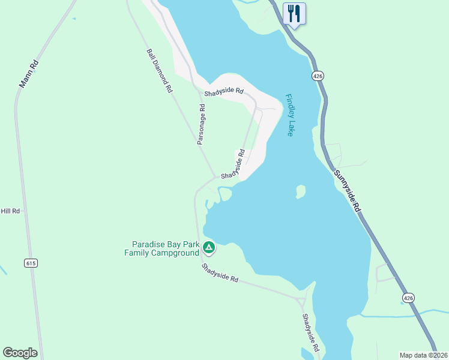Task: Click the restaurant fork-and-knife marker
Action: (x=294, y=13)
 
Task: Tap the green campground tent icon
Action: (x=208, y=247)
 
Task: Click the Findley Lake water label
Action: (x=290, y=115)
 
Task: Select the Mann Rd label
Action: (x=29, y=73)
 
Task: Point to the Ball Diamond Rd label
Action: (x=159, y=70)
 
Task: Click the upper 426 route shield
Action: (x=318, y=76)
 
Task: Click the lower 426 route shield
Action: (x=408, y=298)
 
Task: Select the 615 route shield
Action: (x=31, y=263)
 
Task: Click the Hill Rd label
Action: (x=10, y=211)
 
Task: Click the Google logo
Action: (x=20, y=352)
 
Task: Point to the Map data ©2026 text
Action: (x=424, y=355)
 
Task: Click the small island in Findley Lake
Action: (x=301, y=191)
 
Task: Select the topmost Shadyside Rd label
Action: (x=223, y=92)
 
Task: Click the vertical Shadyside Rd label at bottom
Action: (x=310, y=333)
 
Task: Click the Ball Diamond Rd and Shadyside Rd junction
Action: (x=215, y=177)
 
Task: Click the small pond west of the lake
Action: (x=225, y=194)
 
